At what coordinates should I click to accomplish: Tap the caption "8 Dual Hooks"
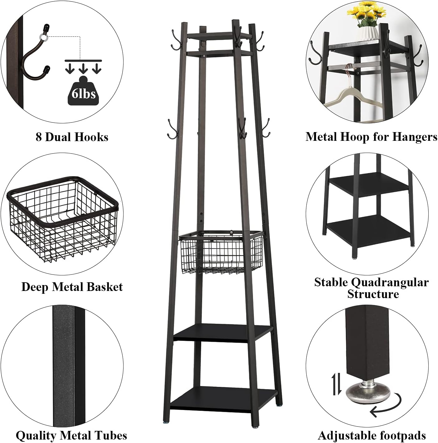(x=72, y=137)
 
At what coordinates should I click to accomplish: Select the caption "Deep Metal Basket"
(x=72, y=287)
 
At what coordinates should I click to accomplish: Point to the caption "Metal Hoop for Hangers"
(x=371, y=137)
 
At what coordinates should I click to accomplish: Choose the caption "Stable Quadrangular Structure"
(x=372, y=288)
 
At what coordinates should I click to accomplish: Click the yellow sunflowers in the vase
(x=366, y=14)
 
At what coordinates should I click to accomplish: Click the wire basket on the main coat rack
(x=221, y=252)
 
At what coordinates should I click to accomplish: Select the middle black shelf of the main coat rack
(x=222, y=333)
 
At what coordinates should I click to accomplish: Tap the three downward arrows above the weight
(x=83, y=66)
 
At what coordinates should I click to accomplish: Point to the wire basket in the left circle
(x=63, y=219)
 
